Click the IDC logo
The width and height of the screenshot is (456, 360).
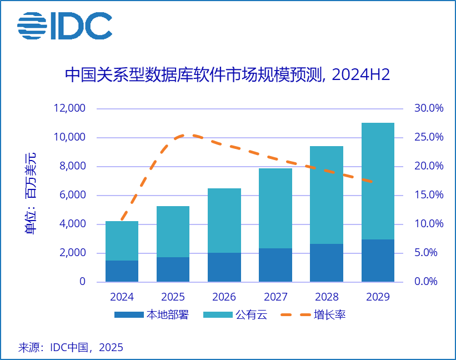(x=64, y=26)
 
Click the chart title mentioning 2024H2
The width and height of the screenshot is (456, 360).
(x=228, y=75)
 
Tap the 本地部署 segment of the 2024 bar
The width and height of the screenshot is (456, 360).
(x=122, y=271)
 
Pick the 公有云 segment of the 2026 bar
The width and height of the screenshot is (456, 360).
(x=224, y=221)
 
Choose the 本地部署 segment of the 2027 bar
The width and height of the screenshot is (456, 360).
(x=275, y=265)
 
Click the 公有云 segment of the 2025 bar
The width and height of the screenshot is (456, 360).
(x=173, y=232)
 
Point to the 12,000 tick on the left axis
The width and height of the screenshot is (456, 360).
(x=69, y=108)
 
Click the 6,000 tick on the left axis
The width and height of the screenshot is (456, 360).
(x=73, y=195)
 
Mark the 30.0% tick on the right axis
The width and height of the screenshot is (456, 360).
(x=429, y=108)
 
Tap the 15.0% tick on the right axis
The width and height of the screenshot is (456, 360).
(x=429, y=195)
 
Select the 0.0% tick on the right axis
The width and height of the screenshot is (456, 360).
(x=429, y=282)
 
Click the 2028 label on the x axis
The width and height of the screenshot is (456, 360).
(x=327, y=297)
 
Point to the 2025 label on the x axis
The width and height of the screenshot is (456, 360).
(x=173, y=297)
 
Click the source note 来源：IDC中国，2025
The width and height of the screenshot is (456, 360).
(x=71, y=347)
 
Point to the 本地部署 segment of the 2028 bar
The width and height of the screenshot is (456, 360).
(x=327, y=263)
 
